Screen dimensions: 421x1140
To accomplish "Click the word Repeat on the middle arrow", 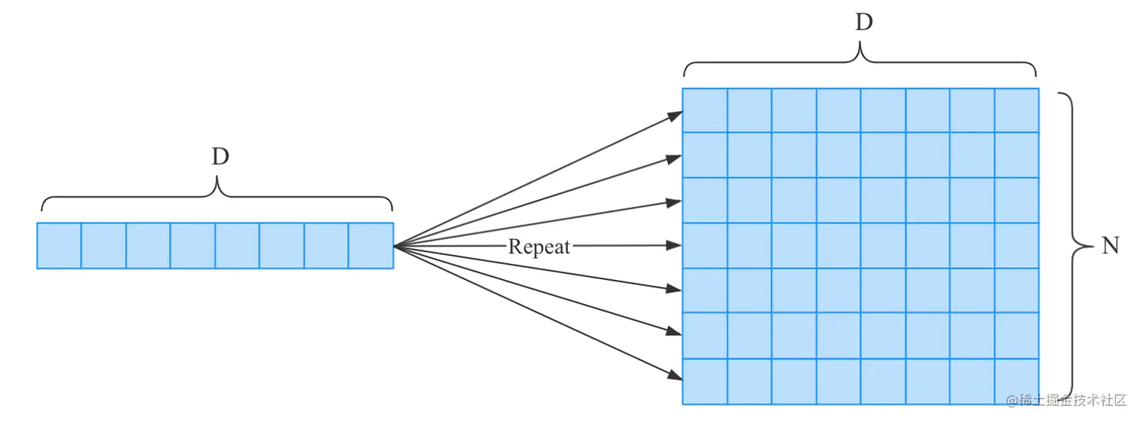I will pos(539,247).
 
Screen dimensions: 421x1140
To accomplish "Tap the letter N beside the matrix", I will pos(1109,247).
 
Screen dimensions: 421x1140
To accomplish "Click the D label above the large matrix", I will pos(863,23).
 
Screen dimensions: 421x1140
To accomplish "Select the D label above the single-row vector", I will pos(219,157).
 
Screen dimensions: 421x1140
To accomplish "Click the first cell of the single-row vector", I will pos(59,245).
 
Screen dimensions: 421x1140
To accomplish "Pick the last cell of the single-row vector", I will pos(371,245).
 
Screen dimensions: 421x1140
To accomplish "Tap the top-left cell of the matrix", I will pos(705,111).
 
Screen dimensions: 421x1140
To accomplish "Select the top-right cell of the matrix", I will pos(1017,111).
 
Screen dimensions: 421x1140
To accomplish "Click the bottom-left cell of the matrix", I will pos(705,381).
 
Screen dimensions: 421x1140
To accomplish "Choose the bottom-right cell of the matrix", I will pos(1017,381).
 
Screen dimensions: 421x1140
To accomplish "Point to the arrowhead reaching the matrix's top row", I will pos(676,115).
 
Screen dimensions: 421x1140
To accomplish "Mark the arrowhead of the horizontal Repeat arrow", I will pos(676,245).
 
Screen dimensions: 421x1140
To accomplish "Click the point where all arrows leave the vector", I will pos(395,246).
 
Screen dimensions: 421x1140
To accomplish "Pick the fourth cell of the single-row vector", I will pos(192,245).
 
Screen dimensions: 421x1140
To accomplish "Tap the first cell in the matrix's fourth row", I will pos(705,245).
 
